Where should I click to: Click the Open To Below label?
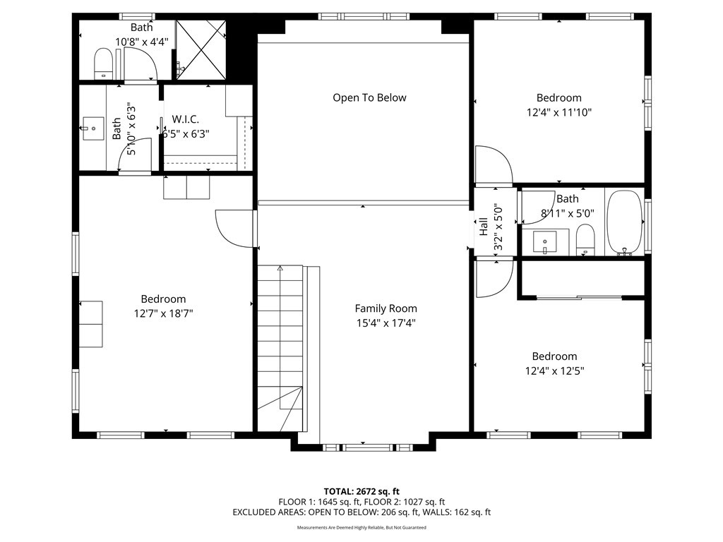[369, 98]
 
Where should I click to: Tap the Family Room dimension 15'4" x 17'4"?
[386, 323]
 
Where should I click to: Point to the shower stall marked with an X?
[201, 49]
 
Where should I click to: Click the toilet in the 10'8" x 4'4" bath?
[103, 64]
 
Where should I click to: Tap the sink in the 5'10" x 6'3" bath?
[92, 129]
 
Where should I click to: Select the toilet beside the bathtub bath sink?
[585, 240]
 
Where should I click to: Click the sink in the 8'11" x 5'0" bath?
[544, 241]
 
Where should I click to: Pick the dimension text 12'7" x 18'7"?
[163, 313]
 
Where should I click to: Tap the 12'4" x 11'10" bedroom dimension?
[558, 112]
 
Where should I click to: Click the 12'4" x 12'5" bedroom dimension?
[554, 371]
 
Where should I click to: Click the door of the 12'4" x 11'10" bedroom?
[493, 166]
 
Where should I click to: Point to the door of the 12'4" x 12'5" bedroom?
[493, 278]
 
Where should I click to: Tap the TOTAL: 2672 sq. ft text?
[361, 491]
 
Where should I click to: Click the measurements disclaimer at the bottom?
[361, 527]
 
